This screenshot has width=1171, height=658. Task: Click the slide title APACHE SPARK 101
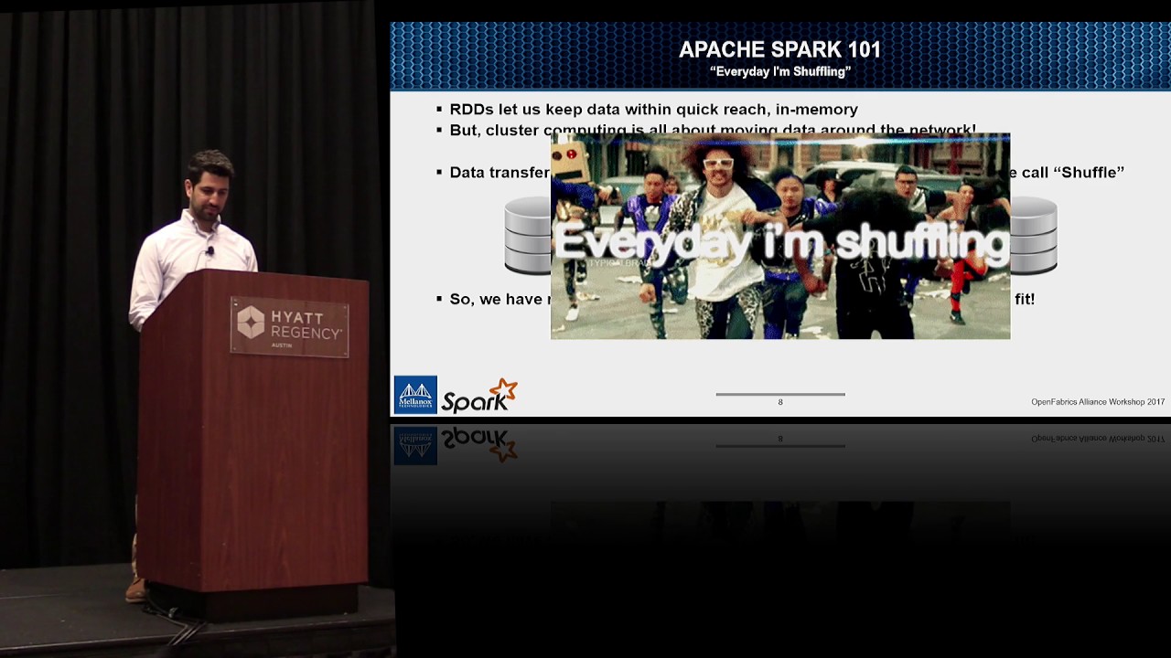click(x=779, y=49)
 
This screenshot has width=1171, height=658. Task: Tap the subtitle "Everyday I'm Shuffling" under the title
click(x=779, y=71)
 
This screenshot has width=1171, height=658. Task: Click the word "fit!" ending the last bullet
click(x=1024, y=299)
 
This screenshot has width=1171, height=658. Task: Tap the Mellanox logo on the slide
click(x=414, y=395)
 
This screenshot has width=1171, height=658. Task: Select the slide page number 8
click(x=780, y=402)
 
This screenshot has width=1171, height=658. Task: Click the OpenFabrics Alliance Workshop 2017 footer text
click(x=1097, y=402)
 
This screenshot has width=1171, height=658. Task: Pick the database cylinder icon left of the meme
click(x=528, y=235)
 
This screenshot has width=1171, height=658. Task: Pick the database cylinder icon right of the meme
click(x=1034, y=235)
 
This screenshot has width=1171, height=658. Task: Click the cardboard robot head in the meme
click(x=570, y=161)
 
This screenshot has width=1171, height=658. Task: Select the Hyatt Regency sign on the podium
click(x=289, y=326)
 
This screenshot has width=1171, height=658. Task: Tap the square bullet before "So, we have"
click(x=439, y=299)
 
